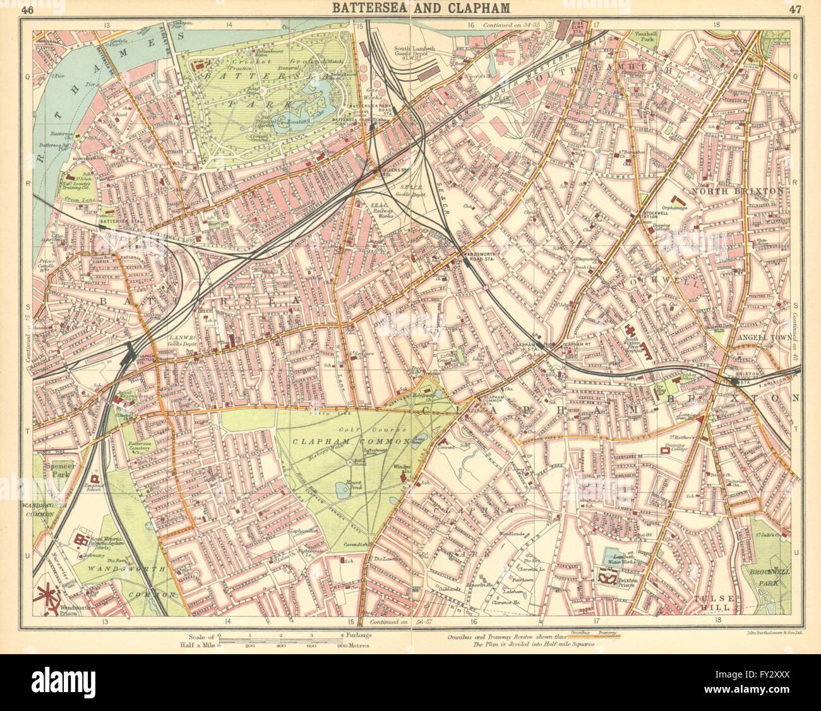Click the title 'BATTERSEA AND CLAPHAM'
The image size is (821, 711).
click(411, 8)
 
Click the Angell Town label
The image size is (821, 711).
click(761, 338)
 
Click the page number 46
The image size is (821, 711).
click(27, 9)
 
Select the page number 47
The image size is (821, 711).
click(793, 9)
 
